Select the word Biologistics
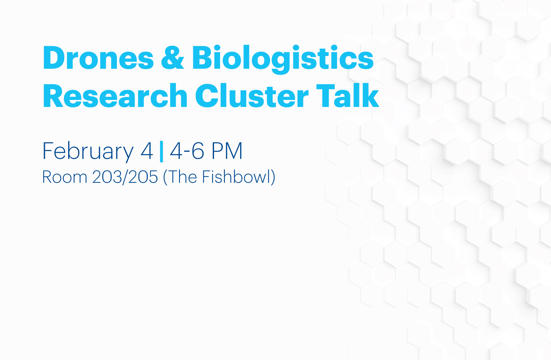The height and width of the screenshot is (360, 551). click(283, 60)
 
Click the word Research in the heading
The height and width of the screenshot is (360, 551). click(115, 96)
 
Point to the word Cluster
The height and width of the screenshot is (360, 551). click(252, 96)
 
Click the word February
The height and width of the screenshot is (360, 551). click(88, 152)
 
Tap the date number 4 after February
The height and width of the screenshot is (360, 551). click(147, 151)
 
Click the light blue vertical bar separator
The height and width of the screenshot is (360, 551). click(161, 151)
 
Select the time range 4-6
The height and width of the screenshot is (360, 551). click(187, 151)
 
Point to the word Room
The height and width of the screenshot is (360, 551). click(65, 177)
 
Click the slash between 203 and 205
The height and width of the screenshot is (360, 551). click(125, 177)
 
